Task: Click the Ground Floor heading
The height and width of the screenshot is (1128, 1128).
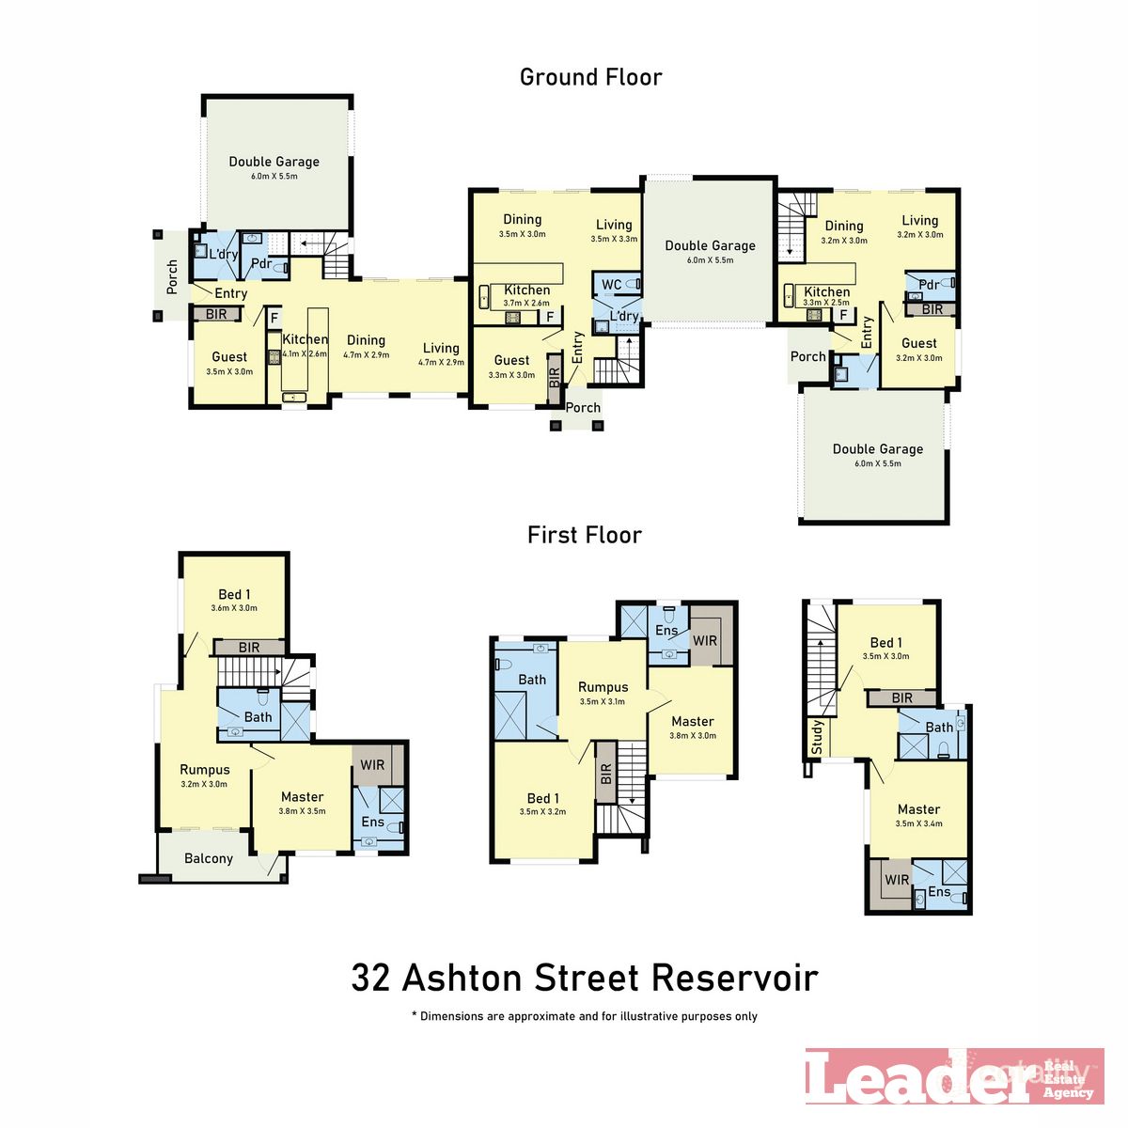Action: click(x=590, y=77)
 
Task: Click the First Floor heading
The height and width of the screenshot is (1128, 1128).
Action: click(x=584, y=535)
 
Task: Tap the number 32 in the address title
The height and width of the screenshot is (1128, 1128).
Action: click(x=370, y=978)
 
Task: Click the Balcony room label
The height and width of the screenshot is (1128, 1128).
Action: click(x=208, y=858)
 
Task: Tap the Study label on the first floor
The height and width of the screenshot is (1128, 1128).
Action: click(x=817, y=738)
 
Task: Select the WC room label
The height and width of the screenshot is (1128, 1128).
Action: click(x=611, y=285)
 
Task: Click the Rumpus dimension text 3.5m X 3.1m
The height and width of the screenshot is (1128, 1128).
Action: click(x=603, y=701)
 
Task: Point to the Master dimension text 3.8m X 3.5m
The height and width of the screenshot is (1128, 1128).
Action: click(x=302, y=811)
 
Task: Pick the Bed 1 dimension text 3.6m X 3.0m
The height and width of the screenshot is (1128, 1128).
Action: click(x=234, y=608)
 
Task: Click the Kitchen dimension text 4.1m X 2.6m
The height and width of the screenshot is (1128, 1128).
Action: click(x=305, y=353)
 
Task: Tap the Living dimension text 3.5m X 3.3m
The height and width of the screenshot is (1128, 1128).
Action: click(x=614, y=239)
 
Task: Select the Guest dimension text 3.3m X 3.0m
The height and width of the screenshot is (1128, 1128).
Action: click(x=511, y=374)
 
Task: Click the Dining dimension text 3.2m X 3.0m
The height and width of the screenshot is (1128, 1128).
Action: click(x=843, y=241)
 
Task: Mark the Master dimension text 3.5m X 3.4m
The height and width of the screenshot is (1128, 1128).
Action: click(x=918, y=823)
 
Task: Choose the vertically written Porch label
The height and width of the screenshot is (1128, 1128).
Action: click(x=172, y=277)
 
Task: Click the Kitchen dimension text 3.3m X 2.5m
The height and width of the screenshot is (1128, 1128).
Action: click(x=826, y=303)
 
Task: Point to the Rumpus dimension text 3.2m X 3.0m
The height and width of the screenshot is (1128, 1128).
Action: click(x=204, y=784)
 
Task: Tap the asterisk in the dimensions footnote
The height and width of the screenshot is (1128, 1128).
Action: click(x=414, y=1015)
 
